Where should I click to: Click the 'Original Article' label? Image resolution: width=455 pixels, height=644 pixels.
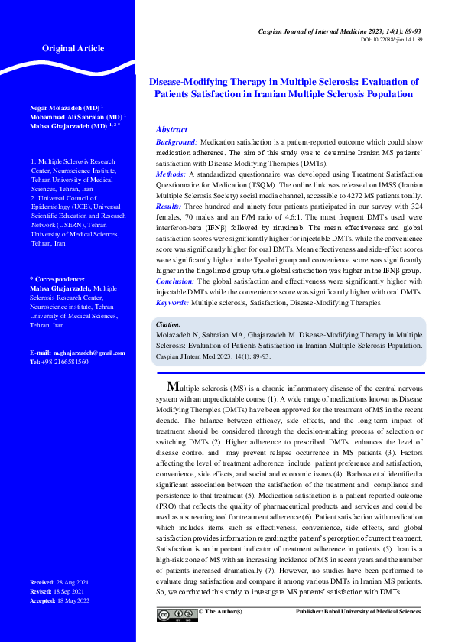point(73,49)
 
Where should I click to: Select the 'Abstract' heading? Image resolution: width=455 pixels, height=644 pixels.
point(171,130)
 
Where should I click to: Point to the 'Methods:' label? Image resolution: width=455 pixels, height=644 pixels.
point(171,175)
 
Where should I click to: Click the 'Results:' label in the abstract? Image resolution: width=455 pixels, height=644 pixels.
point(170,206)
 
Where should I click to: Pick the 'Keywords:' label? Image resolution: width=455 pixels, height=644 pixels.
point(172,303)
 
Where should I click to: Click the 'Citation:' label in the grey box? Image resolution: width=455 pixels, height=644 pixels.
point(169,325)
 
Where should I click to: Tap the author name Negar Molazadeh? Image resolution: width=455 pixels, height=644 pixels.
point(63,108)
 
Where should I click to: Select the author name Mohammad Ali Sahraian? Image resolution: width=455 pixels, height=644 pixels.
point(73,117)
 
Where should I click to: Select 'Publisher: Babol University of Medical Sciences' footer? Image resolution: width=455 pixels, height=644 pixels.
point(358,612)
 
